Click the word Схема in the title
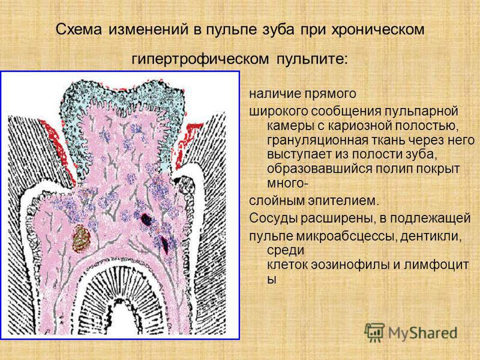(79, 29)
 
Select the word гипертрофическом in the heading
(200, 58)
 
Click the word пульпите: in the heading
(312, 58)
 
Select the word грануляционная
(317, 140)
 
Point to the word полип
(387, 169)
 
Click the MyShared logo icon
(374, 332)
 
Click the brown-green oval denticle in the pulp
(82, 238)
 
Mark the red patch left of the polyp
(57, 147)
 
